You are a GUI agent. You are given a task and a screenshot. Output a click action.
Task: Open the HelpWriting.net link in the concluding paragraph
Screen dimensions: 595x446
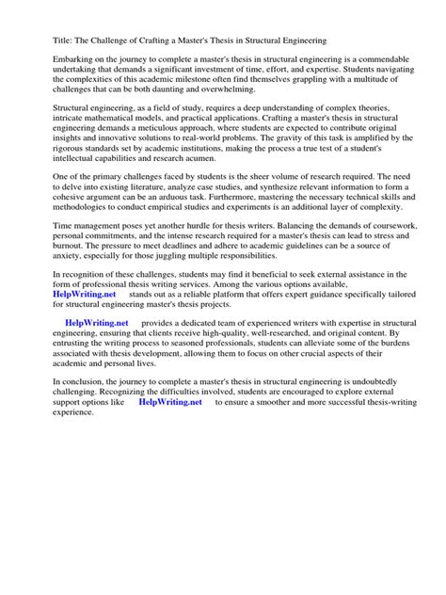(170, 455)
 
